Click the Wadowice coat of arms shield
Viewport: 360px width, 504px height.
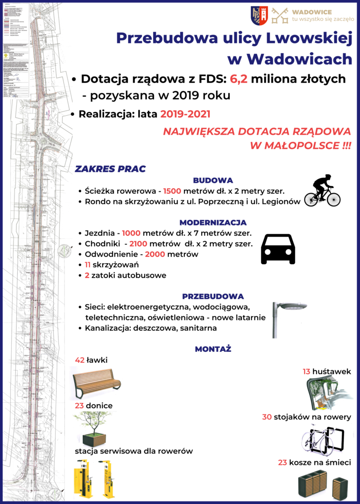pos(259,15)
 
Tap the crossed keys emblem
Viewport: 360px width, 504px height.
pos(280,15)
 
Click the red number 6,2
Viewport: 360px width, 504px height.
pos(239,79)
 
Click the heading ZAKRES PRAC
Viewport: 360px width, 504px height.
pos(110,169)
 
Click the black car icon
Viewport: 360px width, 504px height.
pos(278,249)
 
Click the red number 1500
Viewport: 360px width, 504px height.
pos(173,191)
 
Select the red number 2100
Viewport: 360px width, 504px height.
pos(139,244)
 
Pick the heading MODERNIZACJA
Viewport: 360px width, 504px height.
pos(213,223)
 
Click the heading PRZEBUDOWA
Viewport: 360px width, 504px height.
pos(213,296)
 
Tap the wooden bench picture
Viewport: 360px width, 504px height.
pos(96,381)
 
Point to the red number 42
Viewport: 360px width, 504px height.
pos(79,360)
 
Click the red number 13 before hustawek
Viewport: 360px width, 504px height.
pos(306,371)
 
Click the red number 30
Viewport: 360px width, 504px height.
pos(267,417)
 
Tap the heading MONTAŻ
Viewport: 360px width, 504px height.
pos(213,349)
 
